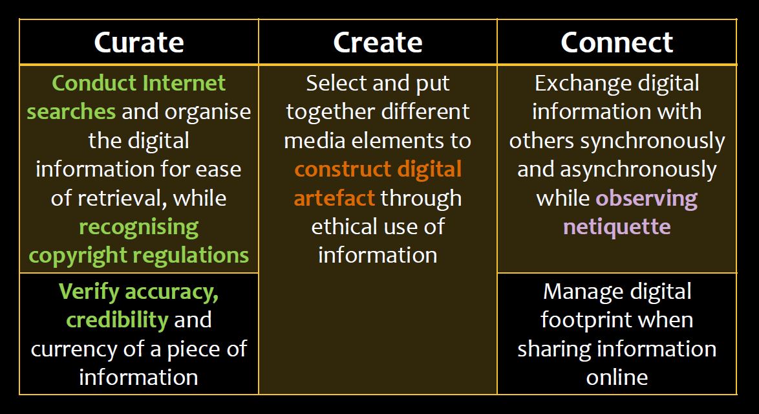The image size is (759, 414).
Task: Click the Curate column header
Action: point(139,42)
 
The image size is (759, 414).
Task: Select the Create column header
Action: point(378,42)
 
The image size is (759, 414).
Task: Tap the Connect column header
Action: point(617,42)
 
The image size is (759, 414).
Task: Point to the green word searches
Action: point(71,113)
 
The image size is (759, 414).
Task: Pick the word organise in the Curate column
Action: point(208,113)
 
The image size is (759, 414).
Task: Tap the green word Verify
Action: point(89,292)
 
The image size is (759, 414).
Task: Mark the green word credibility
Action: point(117,320)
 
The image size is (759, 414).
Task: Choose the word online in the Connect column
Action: point(617,378)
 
